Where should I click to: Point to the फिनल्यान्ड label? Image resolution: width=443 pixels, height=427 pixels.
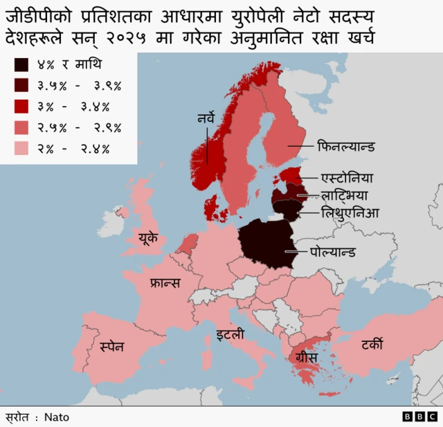(x=346, y=147)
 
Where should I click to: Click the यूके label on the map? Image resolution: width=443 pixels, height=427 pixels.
(x=152, y=239)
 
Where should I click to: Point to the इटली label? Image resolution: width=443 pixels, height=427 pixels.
(x=229, y=336)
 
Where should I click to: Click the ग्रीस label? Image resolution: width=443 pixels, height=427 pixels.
(x=306, y=358)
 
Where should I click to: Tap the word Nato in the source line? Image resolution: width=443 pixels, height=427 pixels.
(x=57, y=417)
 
